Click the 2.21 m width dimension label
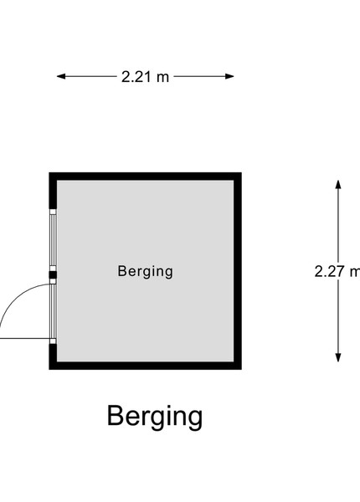[x=145, y=77]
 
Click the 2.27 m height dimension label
[x=337, y=271]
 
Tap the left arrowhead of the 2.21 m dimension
[x=61, y=76]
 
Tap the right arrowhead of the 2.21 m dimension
[x=229, y=76]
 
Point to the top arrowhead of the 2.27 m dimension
[x=338, y=184]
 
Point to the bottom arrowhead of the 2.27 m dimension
[x=338, y=358]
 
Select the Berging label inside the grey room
[x=146, y=272]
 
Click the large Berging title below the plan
[x=155, y=417]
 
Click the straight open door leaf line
[x=25, y=338]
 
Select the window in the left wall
[x=53, y=240]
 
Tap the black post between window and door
[x=53, y=274]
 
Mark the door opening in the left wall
[x=53, y=311]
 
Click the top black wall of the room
[x=145, y=177]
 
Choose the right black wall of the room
[x=238, y=271]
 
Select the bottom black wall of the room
[x=145, y=366]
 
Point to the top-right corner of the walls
[x=241, y=172]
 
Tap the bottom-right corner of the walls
[x=241, y=369]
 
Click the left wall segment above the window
[x=53, y=191]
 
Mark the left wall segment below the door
[x=53, y=356]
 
